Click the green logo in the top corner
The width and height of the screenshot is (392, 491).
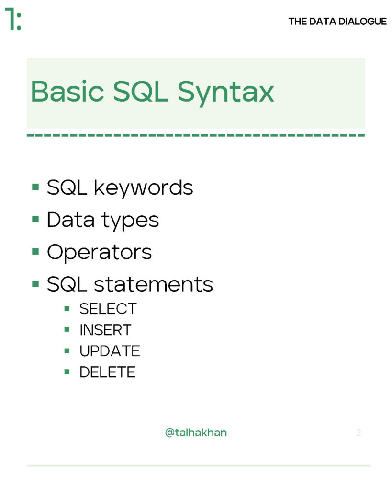click(x=12, y=20)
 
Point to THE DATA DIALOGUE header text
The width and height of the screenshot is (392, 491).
click(x=337, y=22)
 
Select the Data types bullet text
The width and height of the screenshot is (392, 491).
click(x=102, y=220)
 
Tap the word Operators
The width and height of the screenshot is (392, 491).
click(x=99, y=252)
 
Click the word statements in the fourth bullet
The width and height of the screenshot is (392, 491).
click(x=153, y=284)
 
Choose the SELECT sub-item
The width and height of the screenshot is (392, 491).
click(x=108, y=309)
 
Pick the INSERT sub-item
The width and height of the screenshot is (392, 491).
click(x=105, y=330)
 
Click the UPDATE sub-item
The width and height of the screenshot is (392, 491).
click(x=110, y=351)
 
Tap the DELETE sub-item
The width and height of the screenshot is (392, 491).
click(x=107, y=372)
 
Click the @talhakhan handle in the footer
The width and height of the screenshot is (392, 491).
click(x=196, y=433)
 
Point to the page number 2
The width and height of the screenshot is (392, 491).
click(x=358, y=433)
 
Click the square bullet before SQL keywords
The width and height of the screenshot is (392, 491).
click(x=35, y=187)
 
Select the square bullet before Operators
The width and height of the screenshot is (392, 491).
click(x=35, y=251)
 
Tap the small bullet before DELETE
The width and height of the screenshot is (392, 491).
click(x=67, y=372)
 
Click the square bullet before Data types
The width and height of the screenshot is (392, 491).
click(x=35, y=219)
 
